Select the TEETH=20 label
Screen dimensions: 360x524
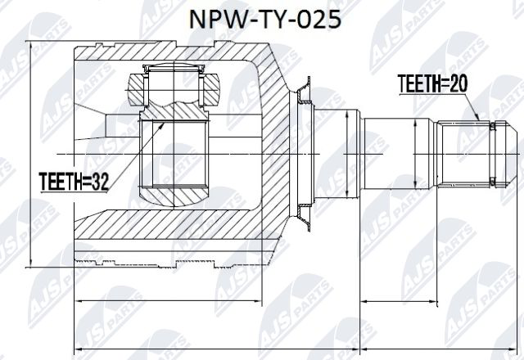coord(431,82)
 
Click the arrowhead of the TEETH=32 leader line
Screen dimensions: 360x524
coord(165,122)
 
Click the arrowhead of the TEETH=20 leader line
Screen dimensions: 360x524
coord(479,121)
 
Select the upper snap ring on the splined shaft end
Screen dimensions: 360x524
coord(493,128)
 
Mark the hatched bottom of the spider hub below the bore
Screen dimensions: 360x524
coord(175,197)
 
